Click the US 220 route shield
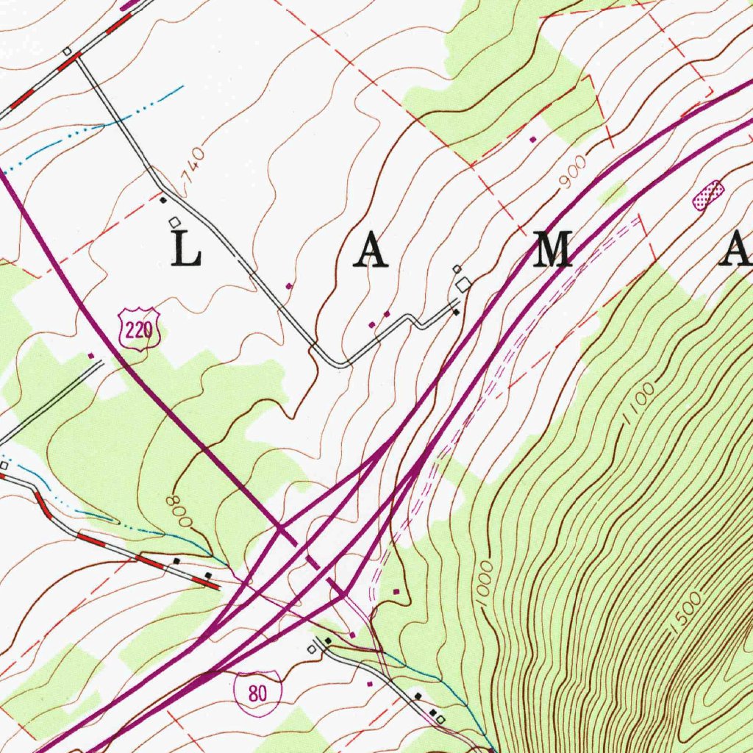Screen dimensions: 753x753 pos(138,332)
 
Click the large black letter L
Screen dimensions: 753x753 pos(186,249)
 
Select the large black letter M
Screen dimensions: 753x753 pos(553,249)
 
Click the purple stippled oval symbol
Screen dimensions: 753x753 pos(709,196)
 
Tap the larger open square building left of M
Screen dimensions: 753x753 pos(463,285)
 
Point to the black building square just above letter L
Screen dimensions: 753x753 pos(163,199)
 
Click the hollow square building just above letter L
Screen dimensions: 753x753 pos(174,221)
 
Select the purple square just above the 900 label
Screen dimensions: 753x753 pos(533,138)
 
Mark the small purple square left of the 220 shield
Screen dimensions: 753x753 pos(91,355)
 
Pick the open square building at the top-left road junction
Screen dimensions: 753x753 pos(67,51)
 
